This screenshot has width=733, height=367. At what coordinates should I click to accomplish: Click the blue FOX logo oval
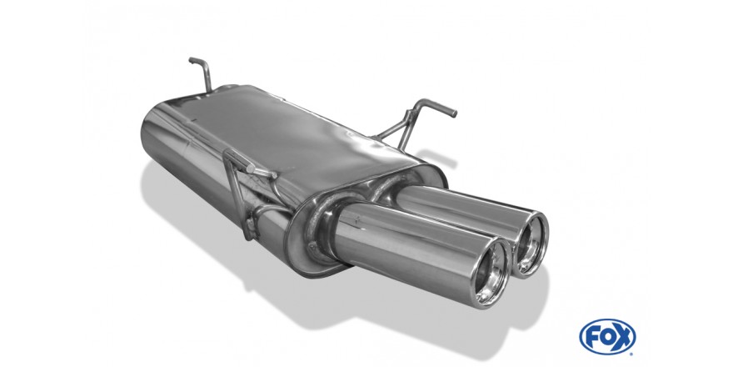(607, 337)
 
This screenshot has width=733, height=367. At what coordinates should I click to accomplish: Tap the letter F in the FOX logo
(593, 337)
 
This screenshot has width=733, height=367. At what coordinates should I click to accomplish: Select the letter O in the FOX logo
(607, 337)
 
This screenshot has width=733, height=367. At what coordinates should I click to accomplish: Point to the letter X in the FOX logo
(623, 337)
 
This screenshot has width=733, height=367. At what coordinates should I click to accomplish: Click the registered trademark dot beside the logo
(633, 353)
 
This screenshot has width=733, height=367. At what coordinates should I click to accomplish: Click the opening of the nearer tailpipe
(492, 274)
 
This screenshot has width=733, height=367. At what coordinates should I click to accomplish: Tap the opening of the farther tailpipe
(532, 244)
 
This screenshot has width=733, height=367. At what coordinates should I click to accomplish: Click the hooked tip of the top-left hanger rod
(192, 60)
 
